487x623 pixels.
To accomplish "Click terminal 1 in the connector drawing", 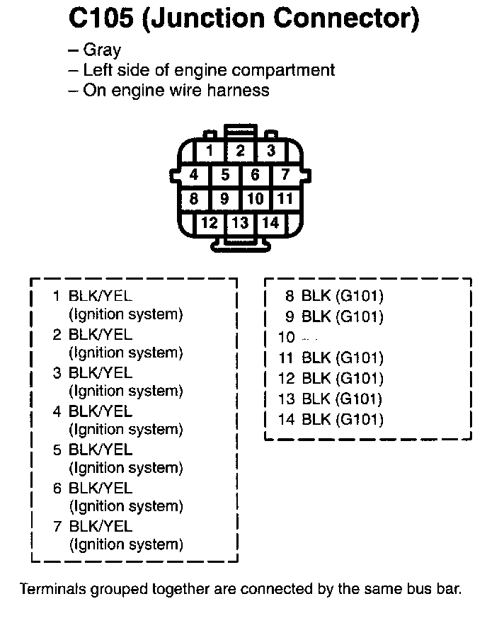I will point(210,151).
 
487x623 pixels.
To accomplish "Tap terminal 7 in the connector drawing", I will point(285,175).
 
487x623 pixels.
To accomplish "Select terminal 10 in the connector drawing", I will point(256,199).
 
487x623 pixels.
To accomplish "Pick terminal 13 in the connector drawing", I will point(240,223).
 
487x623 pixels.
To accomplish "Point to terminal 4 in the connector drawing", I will point(194,175).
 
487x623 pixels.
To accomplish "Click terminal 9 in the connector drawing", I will point(224,199).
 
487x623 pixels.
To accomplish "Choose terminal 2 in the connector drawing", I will point(240,151).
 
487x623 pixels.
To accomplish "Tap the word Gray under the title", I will point(102,50).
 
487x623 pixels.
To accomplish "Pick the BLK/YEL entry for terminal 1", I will point(101,296).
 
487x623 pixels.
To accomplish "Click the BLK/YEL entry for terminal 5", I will point(101,450).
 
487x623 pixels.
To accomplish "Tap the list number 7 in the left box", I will point(57,527).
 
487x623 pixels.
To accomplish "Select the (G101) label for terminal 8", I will point(360,296).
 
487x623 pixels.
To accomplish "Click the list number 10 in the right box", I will point(286,338).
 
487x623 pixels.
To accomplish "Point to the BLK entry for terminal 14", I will point(316,419).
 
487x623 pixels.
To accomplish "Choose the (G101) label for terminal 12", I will point(360,378).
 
